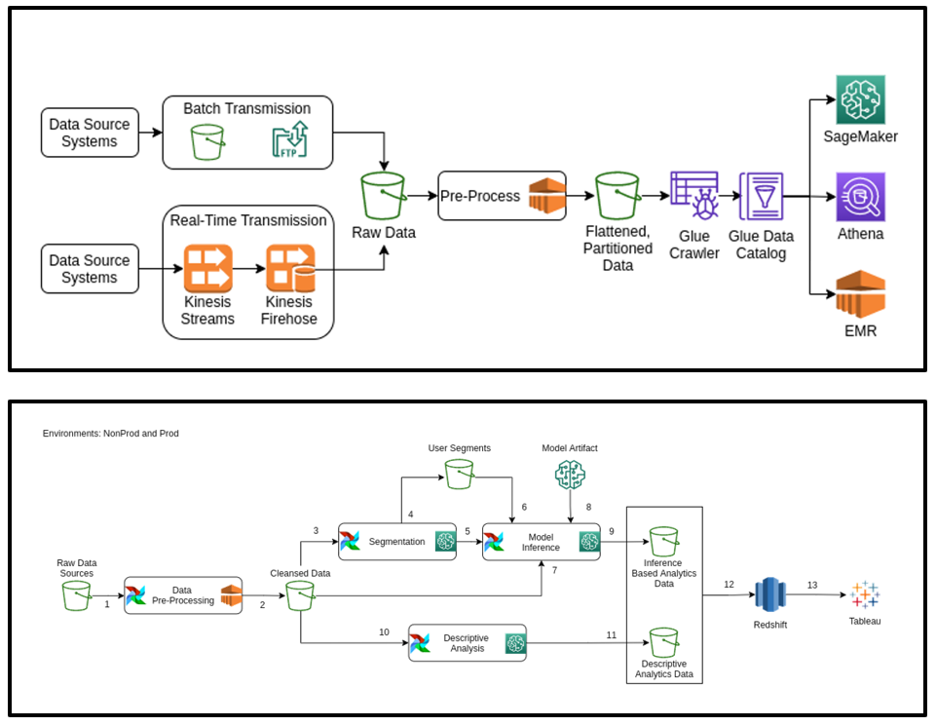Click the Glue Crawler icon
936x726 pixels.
tap(694, 199)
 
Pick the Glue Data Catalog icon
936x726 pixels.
tap(762, 199)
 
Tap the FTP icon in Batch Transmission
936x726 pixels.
tap(289, 140)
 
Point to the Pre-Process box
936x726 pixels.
tap(503, 196)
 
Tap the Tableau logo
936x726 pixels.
tap(864, 595)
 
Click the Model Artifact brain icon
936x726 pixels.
tap(570, 475)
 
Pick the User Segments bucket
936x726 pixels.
tap(459, 475)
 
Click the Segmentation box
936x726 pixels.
tap(397, 542)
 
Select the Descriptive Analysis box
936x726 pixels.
tap(468, 643)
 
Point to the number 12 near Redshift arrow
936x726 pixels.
tap(728, 584)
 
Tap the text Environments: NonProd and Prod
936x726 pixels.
tap(111, 433)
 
